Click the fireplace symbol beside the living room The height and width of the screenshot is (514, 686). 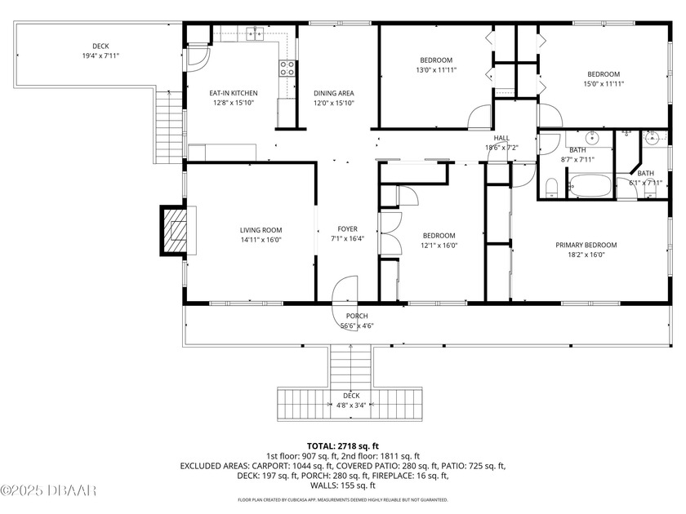[x=174, y=232]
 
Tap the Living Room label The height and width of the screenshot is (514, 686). [x=261, y=230]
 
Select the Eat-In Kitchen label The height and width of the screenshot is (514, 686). [x=234, y=93]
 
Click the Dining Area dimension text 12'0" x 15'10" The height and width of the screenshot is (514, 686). [x=334, y=104]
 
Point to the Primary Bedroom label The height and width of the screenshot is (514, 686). [x=586, y=245]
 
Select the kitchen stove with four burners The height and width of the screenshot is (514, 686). [x=287, y=69]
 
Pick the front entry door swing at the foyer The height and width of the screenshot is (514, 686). [x=345, y=292]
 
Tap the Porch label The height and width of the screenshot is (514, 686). [x=356, y=316]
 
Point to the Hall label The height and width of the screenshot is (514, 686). [x=501, y=138]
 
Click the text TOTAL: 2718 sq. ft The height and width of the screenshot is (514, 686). [x=343, y=446]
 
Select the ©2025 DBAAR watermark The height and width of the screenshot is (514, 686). [x=49, y=490]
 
